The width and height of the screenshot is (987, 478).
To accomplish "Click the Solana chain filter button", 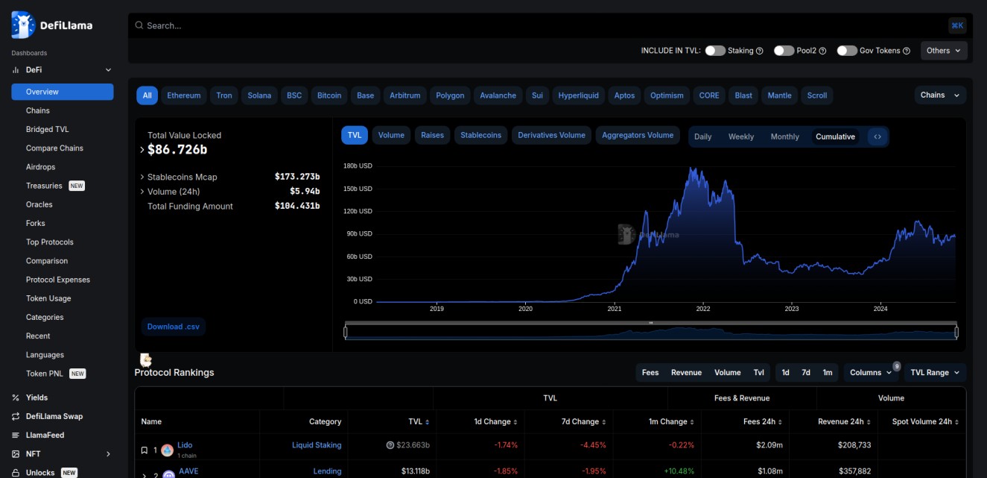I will pos(259,95).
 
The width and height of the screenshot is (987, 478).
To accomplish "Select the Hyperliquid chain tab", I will pos(578,95).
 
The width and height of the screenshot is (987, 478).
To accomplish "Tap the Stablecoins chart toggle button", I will pos(480,135).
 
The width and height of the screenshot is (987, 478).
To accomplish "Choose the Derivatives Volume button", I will pos(551,135).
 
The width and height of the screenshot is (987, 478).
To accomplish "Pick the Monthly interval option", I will pos(784,137).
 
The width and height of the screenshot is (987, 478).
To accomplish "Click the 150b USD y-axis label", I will pos(358,189).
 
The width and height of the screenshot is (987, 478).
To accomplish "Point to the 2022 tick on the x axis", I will pos(702,308).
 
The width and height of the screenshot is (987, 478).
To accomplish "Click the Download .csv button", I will pos(173,327).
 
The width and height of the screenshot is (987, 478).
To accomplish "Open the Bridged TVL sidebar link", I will pos(48,129).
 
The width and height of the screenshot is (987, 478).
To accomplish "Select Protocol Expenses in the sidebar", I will pos(58,280).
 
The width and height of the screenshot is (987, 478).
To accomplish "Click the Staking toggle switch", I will pos(715,51).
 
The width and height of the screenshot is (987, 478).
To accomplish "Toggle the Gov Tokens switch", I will pos(847,51).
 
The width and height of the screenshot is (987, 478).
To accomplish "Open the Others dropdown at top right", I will pos(944,51).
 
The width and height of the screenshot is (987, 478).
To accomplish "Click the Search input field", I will pos(521,25).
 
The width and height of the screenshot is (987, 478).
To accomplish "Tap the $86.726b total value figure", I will pos(177,150).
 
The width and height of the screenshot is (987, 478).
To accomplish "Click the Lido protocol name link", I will pos(185,445).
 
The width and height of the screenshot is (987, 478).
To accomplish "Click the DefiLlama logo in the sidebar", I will pos(52,25).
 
